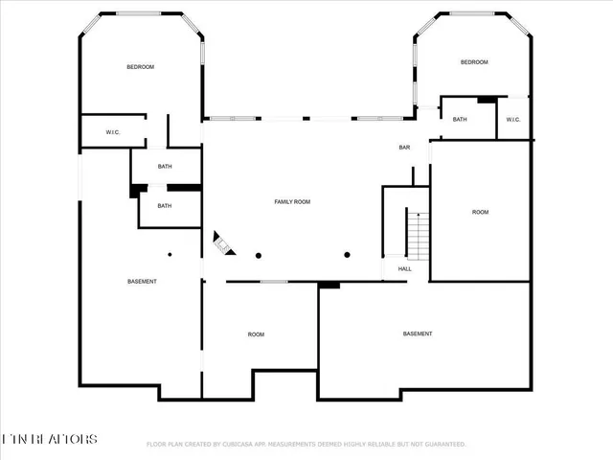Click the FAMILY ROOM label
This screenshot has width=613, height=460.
(x=292, y=202)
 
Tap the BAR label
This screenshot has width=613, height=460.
(x=404, y=148)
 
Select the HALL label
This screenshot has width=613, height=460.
(x=404, y=269)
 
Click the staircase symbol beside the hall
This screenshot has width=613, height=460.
(x=418, y=236)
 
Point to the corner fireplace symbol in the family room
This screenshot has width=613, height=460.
(x=222, y=244)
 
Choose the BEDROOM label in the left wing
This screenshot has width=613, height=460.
(x=141, y=67)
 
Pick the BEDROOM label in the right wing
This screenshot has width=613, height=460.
(x=474, y=62)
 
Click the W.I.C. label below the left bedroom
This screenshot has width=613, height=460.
(x=112, y=132)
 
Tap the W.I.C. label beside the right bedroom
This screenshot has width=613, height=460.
(x=512, y=120)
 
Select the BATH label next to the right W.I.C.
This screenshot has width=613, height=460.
(x=460, y=120)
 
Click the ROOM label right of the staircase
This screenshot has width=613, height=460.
(x=480, y=212)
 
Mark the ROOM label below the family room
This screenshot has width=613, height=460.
(x=256, y=334)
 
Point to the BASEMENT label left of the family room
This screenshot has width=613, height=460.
(x=142, y=281)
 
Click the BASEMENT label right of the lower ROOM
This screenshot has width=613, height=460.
(x=417, y=333)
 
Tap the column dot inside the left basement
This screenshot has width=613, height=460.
(x=170, y=255)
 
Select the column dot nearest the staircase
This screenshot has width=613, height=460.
(x=347, y=255)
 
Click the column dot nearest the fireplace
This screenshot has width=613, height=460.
(x=259, y=255)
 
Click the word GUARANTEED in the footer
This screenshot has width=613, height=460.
(x=443, y=445)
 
